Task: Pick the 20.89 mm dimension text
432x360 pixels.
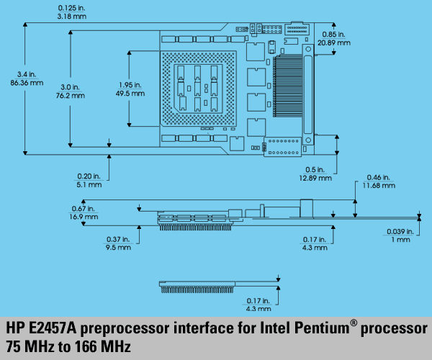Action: (336, 43)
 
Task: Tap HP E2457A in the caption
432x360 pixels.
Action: (40, 329)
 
